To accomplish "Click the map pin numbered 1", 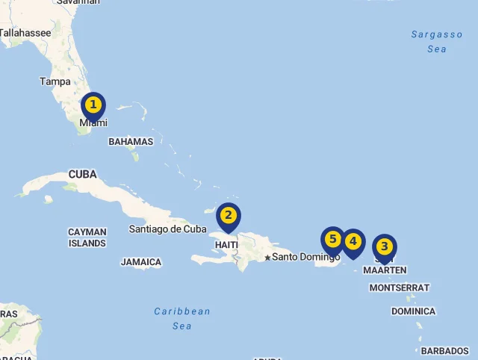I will pyautogui.click(x=93, y=105).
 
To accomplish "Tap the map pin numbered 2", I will pyautogui.click(x=229, y=217).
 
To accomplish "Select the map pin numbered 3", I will pyautogui.click(x=384, y=246).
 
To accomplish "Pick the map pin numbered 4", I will pyautogui.click(x=353, y=242).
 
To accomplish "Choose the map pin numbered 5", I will pyautogui.click(x=333, y=240).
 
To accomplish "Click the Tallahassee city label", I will pyautogui.click(x=25, y=33).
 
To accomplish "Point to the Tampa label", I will pyautogui.click(x=55, y=81).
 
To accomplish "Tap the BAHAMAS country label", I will pyautogui.click(x=131, y=141).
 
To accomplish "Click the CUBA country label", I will pyautogui.click(x=83, y=174).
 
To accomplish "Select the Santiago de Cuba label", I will pyautogui.click(x=167, y=229).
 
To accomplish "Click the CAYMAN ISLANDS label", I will pyautogui.click(x=87, y=238).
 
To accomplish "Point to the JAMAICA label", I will pyautogui.click(x=141, y=262).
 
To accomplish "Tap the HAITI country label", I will pyautogui.click(x=226, y=245).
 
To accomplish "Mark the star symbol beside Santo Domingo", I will pyautogui.click(x=267, y=258).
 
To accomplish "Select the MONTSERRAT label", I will pyautogui.click(x=400, y=288).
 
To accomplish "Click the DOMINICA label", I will pyautogui.click(x=413, y=311).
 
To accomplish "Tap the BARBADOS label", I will pyautogui.click(x=445, y=350).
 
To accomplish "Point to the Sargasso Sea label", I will pyautogui.click(x=437, y=42).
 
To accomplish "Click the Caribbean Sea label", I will pyautogui.click(x=182, y=318).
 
